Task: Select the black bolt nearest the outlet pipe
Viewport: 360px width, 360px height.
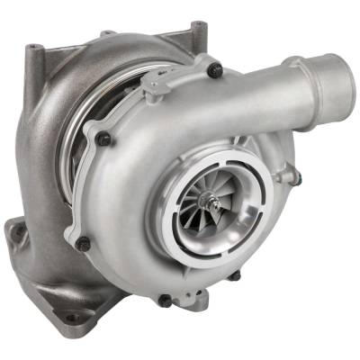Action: pos(213,68)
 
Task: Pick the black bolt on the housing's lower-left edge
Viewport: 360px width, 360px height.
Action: pos(84,242)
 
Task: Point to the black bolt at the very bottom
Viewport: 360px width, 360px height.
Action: pos(166,300)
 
